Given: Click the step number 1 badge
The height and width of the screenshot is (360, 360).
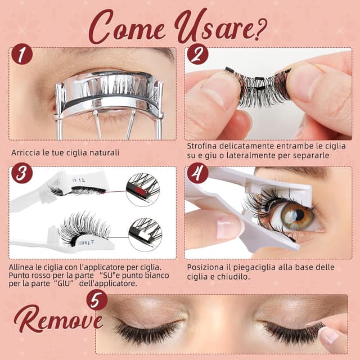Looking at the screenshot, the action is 22,54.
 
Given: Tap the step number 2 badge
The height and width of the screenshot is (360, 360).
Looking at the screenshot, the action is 197,54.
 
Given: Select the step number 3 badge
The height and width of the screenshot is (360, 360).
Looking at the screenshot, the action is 22,173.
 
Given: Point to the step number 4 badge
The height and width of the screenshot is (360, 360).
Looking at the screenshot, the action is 197,173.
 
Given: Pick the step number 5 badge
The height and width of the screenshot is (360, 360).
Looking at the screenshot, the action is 97,300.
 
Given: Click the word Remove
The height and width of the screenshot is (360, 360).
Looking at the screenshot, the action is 58,319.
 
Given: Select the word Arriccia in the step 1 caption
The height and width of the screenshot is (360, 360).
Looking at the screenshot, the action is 25,152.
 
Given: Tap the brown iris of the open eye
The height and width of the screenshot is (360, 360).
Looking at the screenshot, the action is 297,216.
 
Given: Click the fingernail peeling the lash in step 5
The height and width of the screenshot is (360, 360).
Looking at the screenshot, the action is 328,335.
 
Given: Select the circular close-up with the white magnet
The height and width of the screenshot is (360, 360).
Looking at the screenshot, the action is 145,235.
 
